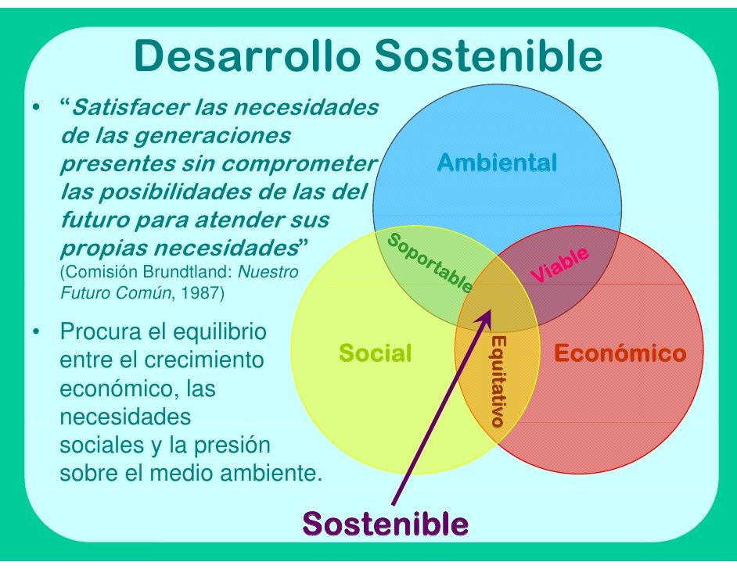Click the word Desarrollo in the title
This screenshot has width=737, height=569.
[x=247, y=55]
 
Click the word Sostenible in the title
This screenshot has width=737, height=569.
[x=488, y=55]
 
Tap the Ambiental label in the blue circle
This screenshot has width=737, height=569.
[x=498, y=163]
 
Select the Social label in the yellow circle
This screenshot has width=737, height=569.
[x=375, y=353]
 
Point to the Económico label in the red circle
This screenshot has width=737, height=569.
[x=620, y=353]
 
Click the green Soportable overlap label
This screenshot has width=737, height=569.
[x=430, y=263]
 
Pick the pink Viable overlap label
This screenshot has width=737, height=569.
[x=559, y=265]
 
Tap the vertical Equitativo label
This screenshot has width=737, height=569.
[x=498, y=381]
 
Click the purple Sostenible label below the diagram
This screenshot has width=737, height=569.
[x=386, y=524]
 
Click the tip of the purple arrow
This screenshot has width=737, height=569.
[x=491, y=310]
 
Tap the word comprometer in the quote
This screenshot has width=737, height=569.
[x=299, y=164]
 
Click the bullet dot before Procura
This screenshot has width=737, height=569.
[x=36, y=331]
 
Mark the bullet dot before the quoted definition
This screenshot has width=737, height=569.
[x=36, y=107]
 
